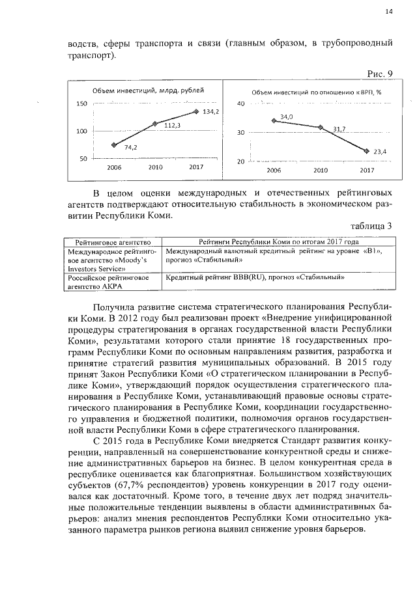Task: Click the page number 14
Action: pyautogui.click(x=388, y=11)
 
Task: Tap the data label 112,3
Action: pyautogui.click(x=171, y=126)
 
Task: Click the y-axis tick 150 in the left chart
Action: pyautogui.click(x=82, y=104)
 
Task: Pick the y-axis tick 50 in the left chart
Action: pyautogui.click(x=84, y=159)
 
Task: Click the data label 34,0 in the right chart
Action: pyautogui.click(x=287, y=117)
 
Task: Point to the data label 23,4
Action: pyautogui.click(x=380, y=152)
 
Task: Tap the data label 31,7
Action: pyautogui.click(x=339, y=130)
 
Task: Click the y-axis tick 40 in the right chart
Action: pyautogui.click(x=240, y=104)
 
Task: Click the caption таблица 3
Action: pyautogui.click(x=371, y=226)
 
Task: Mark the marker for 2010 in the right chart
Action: pyautogui.click(x=321, y=128)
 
